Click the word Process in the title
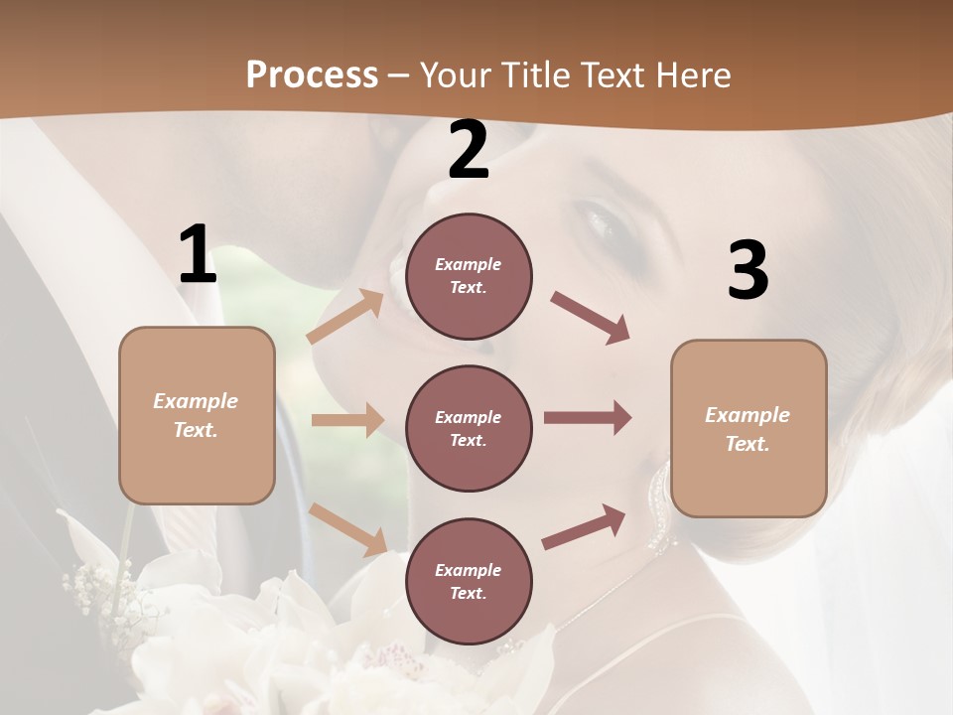tap(312, 75)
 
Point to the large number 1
tap(198, 255)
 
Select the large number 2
tap(469, 150)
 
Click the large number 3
tap(748, 271)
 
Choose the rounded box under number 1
tap(197, 415)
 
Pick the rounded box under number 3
tap(749, 428)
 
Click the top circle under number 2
tap(469, 276)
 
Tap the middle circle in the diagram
tap(469, 428)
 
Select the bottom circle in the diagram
tap(469, 581)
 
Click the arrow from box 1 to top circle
tap(344, 317)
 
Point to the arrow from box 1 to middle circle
tap(346, 420)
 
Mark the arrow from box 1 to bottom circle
tap(347, 529)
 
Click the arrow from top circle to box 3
tap(590, 318)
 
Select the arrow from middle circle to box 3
tap(587, 418)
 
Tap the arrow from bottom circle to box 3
tap(584, 527)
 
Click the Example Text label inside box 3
tap(748, 429)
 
